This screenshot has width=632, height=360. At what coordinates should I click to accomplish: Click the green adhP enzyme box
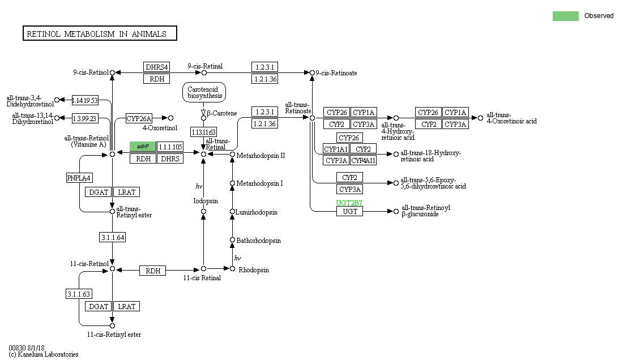click(x=143, y=147)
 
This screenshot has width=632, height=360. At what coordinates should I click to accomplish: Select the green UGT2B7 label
click(x=349, y=203)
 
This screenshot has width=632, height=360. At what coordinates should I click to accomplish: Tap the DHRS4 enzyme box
click(x=157, y=67)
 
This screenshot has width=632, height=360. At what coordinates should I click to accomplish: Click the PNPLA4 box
click(x=79, y=178)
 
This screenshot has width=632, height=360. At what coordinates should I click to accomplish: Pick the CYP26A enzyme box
click(x=139, y=118)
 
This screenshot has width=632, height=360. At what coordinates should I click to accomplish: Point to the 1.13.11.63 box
click(x=203, y=132)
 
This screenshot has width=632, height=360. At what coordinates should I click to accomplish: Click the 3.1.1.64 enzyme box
click(x=113, y=238)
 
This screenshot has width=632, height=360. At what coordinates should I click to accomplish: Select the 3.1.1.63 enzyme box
click(x=79, y=294)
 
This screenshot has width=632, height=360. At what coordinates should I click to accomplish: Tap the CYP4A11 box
click(x=363, y=160)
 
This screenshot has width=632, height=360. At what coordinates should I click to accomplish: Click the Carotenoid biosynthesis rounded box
click(x=204, y=93)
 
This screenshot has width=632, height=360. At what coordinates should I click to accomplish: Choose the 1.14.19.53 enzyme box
click(x=85, y=100)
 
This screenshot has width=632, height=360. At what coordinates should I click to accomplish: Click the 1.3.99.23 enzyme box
click(x=85, y=118)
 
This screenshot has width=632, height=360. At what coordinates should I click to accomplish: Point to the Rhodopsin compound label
click(x=254, y=270)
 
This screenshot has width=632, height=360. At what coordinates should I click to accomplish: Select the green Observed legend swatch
click(x=566, y=16)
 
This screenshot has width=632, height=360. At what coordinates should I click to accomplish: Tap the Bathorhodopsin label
click(x=258, y=241)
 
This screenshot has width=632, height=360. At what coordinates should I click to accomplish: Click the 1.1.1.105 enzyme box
click(x=170, y=147)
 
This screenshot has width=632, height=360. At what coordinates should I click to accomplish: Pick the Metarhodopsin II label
click(x=261, y=156)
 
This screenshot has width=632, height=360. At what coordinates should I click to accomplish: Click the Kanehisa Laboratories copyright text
click(x=44, y=354)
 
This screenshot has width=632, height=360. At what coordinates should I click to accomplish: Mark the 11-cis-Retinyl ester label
click(x=114, y=335)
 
